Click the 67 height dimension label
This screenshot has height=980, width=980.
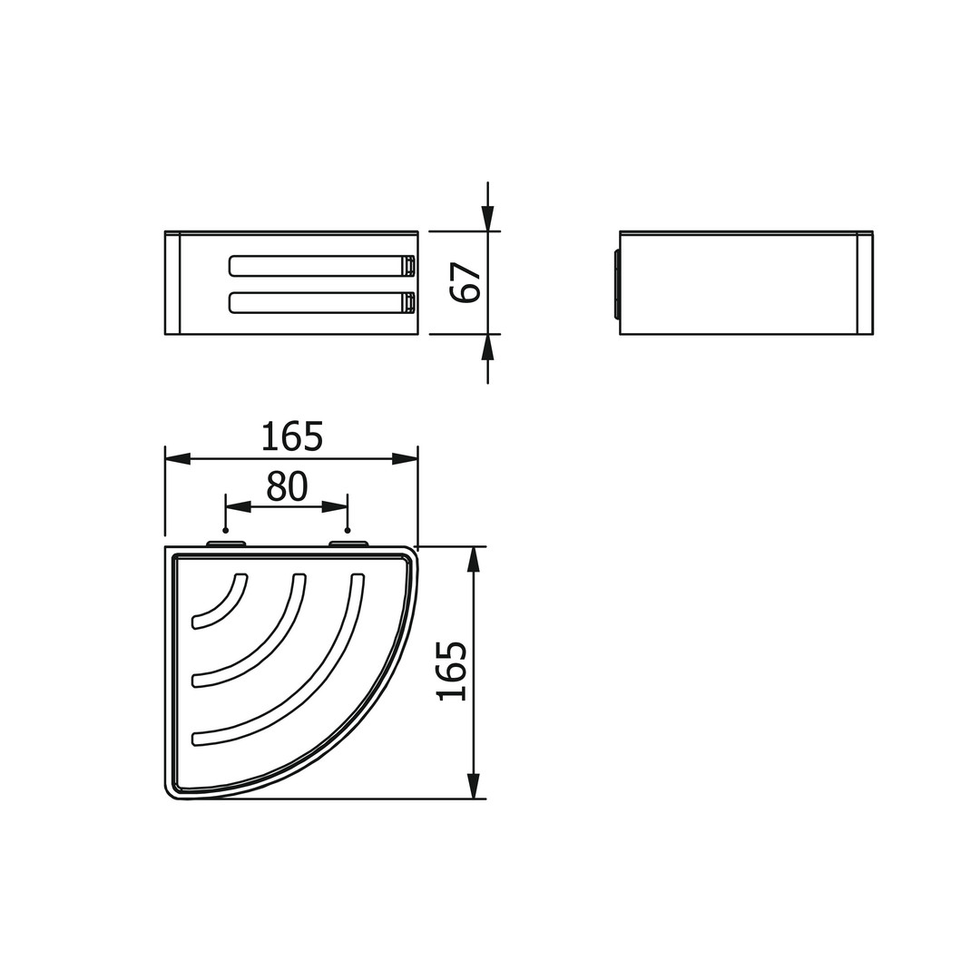point(466,282)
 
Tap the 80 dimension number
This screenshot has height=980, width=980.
point(287,487)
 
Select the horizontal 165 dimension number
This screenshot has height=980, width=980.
point(292,436)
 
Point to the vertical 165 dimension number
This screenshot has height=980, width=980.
point(453,671)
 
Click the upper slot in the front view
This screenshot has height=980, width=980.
point(322,266)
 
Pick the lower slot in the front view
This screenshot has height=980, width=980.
point(322,302)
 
